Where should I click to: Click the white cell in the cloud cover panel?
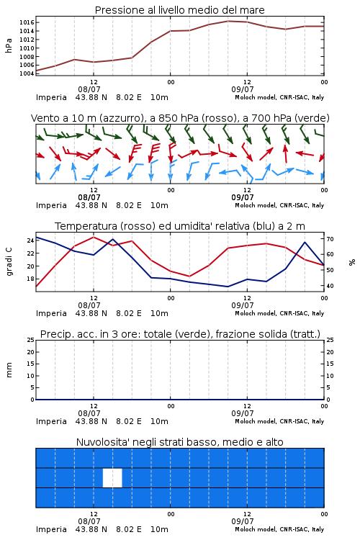[x=112, y=477]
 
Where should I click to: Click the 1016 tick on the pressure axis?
[x=27, y=23]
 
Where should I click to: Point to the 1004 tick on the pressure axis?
[x=27, y=73]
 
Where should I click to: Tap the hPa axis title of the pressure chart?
[x=9, y=45]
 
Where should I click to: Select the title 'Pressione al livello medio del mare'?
[x=180, y=10]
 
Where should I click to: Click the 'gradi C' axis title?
[x=9, y=261]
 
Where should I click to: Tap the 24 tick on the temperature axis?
[x=30, y=240]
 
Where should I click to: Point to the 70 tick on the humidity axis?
[x=330, y=238]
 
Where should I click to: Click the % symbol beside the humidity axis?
[x=352, y=262]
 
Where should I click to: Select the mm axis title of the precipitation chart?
[x=9, y=369]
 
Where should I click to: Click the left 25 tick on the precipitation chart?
[x=30, y=340]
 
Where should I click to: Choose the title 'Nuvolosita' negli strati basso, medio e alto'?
[x=180, y=442]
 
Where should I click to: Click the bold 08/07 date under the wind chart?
[x=89, y=197]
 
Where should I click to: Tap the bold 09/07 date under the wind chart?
[x=243, y=197]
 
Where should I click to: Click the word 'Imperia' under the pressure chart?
[x=51, y=97]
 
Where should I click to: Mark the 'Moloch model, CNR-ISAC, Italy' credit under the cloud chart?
[x=279, y=529]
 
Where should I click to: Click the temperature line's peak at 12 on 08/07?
[x=94, y=238]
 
